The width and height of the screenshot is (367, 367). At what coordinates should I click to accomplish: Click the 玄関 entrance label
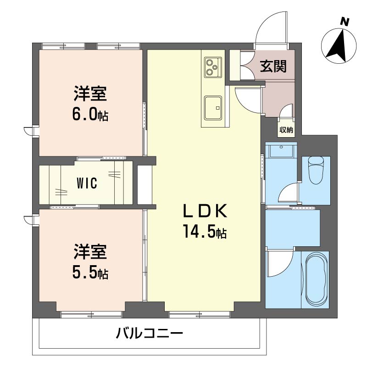(x=273, y=66)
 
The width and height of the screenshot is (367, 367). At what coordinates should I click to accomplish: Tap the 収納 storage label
(x=286, y=130)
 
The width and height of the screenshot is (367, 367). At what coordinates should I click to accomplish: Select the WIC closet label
(x=87, y=183)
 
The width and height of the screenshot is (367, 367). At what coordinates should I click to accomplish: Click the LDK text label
(x=205, y=211)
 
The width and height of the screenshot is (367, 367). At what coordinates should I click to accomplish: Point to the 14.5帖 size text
(x=205, y=231)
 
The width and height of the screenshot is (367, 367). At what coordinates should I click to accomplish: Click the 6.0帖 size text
(x=90, y=115)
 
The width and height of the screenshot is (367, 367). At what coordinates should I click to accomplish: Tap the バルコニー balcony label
(x=150, y=334)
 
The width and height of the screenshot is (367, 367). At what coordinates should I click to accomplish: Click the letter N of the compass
(x=345, y=22)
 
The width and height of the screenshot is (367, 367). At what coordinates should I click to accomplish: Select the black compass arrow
(x=339, y=47)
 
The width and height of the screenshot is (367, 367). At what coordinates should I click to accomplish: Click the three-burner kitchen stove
(x=213, y=67)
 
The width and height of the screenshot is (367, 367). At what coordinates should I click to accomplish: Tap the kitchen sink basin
(x=213, y=108)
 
